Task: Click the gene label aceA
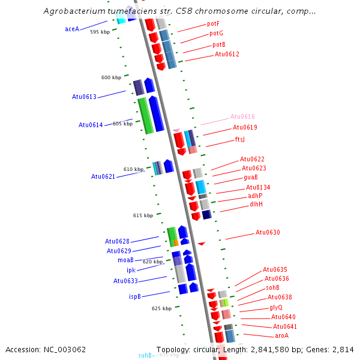click(72, 29)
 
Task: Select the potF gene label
click(213, 24)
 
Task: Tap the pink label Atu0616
click(242, 117)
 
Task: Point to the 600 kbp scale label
click(111, 77)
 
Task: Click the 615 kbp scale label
click(143, 215)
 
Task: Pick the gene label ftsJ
click(240, 139)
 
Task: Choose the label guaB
click(250, 178)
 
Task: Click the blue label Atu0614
click(91, 125)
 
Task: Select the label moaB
click(125, 260)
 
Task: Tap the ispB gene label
click(135, 296)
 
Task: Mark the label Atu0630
click(268, 232)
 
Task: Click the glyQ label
click(275, 307)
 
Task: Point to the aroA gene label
click(281, 335)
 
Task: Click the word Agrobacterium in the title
click(72, 11)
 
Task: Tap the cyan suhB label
click(145, 355)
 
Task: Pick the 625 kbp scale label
click(161, 308)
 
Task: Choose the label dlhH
click(256, 204)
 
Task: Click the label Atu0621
click(103, 176)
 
